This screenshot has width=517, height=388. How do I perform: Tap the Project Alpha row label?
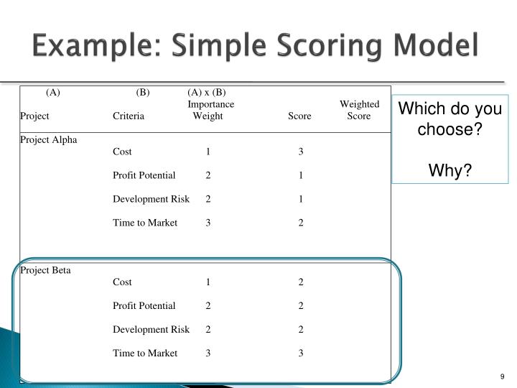[x=48, y=139]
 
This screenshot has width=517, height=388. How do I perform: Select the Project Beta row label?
[x=45, y=270]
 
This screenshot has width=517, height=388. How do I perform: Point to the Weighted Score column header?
[x=359, y=110]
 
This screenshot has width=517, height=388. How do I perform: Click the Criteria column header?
[x=129, y=116]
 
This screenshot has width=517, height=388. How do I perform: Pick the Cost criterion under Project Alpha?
[x=122, y=152]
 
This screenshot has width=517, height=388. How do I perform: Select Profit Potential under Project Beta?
[x=144, y=305]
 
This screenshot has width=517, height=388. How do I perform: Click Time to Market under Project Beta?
[x=145, y=353]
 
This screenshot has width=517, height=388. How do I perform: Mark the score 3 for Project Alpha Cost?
[x=301, y=152]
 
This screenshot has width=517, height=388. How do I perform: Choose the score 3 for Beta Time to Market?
[x=301, y=353]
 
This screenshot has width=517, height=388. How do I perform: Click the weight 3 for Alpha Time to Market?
[x=208, y=223]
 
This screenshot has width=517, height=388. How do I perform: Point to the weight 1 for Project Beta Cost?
[x=208, y=282]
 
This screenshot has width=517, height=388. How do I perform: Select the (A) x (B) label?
[x=207, y=92]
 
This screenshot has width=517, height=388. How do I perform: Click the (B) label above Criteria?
[x=143, y=92]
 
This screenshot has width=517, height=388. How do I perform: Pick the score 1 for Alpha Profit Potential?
[x=301, y=175]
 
